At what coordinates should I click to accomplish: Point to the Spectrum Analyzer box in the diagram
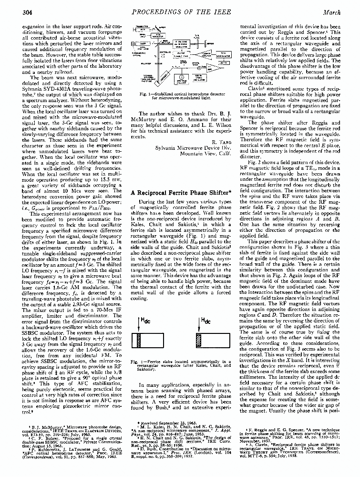(181, 78)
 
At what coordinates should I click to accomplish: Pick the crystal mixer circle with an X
(198, 68)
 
